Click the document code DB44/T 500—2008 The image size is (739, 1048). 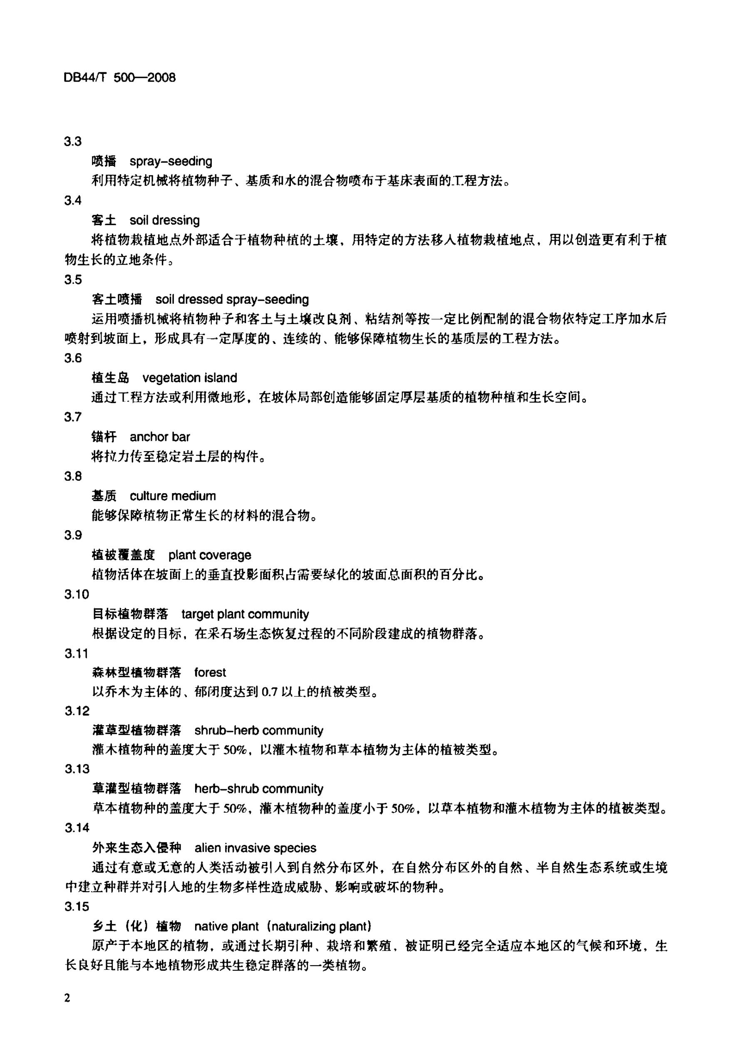click(120, 78)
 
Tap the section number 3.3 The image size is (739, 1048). click(73, 141)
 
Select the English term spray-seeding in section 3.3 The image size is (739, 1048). click(171, 161)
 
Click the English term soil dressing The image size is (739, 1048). click(164, 220)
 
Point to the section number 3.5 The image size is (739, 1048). click(73, 279)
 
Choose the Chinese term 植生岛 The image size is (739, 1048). click(110, 378)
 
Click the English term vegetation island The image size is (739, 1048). click(190, 378)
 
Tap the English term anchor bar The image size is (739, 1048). click(159, 437)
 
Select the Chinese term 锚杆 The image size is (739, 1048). click(104, 437)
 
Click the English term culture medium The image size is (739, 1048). click(173, 496)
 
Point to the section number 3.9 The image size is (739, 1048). click(73, 535)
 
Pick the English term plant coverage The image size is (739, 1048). click(210, 555)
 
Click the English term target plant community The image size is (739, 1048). click(245, 614)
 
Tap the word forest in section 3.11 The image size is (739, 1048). click(210, 672)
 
